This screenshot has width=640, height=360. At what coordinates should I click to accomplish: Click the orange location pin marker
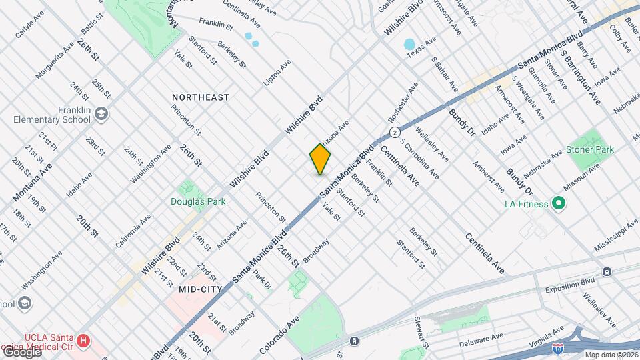[x=320, y=159]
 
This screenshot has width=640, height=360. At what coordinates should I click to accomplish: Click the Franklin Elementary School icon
[x=101, y=114]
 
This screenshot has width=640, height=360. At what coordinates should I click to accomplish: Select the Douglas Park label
[x=198, y=201]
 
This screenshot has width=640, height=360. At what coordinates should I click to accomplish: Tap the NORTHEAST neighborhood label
[x=200, y=97]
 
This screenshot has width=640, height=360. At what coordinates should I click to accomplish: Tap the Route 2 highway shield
[x=395, y=131]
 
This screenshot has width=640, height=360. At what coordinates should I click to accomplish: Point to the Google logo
[x=23, y=351]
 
